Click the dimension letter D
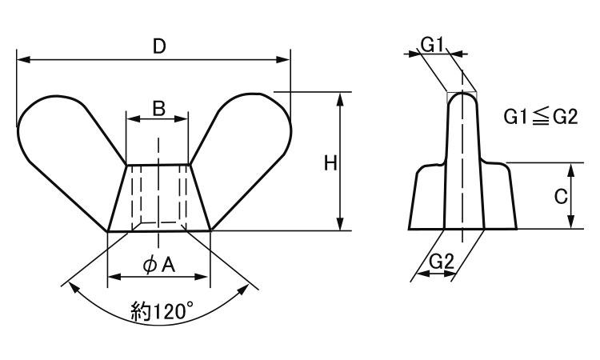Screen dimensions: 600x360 (159, 46)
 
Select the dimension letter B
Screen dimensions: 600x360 (158, 109)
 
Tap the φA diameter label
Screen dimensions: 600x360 (159, 265)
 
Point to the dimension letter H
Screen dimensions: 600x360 (330, 163)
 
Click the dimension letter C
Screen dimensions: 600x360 (561, 197)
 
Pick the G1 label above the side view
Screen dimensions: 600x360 (432, 46)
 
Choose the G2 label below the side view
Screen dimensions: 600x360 (441, 262)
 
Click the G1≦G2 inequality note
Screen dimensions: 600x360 (540, 117)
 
